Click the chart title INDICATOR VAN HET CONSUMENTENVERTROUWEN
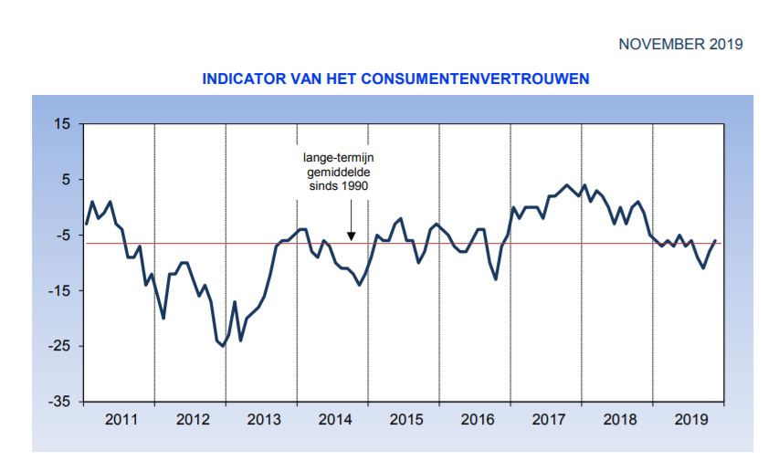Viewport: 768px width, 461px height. tap(395, 79)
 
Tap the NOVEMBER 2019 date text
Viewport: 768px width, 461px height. tap(680, 44)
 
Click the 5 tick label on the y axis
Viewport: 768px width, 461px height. tap(67, 180)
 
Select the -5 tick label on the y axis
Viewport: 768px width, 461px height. tap(64, 236)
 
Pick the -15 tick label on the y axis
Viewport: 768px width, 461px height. tap(61, 291)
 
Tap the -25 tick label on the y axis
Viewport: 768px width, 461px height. tap(61, 346)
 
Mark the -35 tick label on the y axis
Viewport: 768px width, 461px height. tap(61, 402)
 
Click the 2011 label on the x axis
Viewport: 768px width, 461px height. tap(121, 421)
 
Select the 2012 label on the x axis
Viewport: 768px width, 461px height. tap(193, 421)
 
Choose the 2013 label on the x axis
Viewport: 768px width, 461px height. tap(264, 421)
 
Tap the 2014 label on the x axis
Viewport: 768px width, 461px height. tap(335, 421)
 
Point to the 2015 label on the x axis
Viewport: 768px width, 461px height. tap(406, 421)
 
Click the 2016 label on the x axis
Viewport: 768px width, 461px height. tap(478, 421)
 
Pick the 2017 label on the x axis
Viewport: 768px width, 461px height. tap(549, 421)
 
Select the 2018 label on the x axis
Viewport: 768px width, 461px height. tap(620, 421)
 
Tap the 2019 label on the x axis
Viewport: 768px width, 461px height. tap(691, 421)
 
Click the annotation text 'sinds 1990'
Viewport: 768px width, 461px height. tap(341, 184)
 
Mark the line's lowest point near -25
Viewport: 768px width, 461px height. tap(223, 346)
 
